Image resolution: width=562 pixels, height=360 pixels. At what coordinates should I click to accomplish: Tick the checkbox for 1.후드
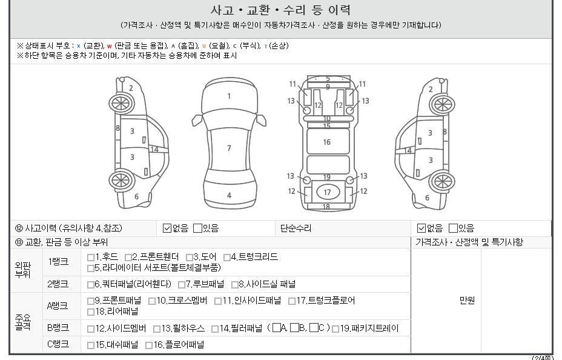click(91, 258)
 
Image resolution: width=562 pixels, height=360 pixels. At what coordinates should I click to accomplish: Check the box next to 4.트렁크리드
click(227, 258)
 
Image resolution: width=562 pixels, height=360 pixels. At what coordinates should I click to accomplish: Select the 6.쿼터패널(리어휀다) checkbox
click(91, 285)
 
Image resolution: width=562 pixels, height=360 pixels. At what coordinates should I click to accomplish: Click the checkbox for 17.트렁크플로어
click(292, 301)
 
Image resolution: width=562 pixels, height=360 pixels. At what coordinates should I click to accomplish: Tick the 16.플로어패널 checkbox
click(149, 345)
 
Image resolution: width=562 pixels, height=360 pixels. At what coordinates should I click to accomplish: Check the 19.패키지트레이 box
click(336, 329)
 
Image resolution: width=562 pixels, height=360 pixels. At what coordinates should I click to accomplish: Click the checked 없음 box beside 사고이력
click(167, 228)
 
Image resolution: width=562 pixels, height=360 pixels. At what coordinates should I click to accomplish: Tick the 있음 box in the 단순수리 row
click(454, 228)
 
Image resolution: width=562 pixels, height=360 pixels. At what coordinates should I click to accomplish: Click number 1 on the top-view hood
click(229, 96)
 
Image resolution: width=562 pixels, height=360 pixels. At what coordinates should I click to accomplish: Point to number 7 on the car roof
click(229, 148)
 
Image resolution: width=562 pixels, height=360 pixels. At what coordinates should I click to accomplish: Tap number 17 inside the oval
click(327, 193)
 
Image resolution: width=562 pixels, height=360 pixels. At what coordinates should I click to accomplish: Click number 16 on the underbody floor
click(327, 142)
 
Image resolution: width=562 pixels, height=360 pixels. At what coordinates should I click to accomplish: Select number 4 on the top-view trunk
click(229, 195)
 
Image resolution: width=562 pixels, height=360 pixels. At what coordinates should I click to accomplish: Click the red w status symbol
click(110, 46)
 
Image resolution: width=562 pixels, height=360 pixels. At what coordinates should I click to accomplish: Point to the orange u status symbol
click(204, 46)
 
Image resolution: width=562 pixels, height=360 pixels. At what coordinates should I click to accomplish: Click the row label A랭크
click(58, 306)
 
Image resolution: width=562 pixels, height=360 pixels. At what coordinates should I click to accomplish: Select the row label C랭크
click(58, 344)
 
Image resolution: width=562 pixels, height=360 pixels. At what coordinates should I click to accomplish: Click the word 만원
click(467, 301)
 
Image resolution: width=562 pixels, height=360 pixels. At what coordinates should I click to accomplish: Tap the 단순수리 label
click(296, 228)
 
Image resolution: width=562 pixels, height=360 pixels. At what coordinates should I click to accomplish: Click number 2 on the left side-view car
click(131, 88)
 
